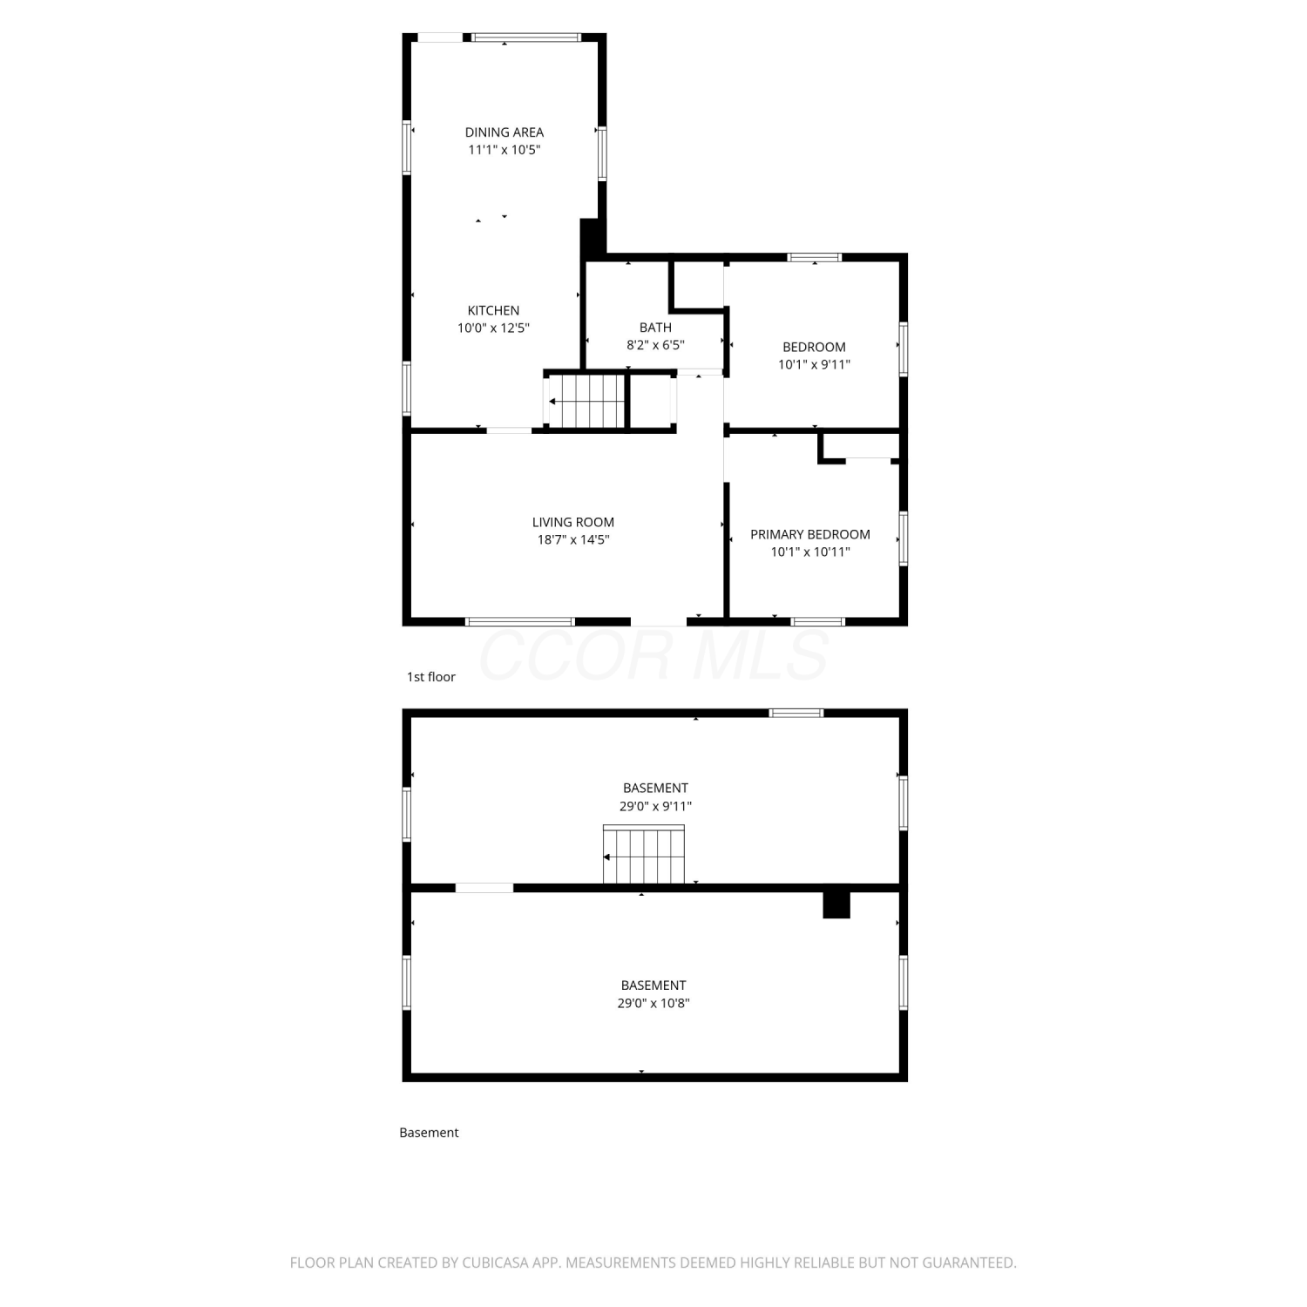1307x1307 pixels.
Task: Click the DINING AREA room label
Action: (x=504, y=132)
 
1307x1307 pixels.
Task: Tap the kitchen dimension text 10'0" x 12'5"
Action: (x=493, y=328)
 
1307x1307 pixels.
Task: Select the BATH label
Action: (x=655, y=328)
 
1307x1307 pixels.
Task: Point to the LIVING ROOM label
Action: (x=573, y=522)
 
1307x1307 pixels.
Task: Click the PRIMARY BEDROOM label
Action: (x=810, y=534)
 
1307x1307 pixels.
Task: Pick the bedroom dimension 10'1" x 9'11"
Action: (x=814, y=365)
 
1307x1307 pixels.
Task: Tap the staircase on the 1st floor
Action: (x=587, y=401)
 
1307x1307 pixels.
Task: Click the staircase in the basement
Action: (x=644, y=855)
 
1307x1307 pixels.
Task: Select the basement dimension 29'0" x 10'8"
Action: (x=653, y=1003)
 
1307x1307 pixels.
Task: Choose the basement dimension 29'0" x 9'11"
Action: (x=655, y=806)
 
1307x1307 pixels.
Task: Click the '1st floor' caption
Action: (x=431, y=677)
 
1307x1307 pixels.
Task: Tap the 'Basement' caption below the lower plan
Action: (x=429, y=1133)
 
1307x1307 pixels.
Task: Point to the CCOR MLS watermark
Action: (x=653, y=655)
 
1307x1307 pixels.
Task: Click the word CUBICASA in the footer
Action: (x=495, y=1263)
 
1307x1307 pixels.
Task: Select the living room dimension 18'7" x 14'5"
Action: (x=573, y=540)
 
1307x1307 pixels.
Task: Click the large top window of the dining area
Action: (x=526, y=37)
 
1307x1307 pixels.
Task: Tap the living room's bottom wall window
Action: (x=519, y=621)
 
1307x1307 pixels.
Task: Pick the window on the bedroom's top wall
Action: (x=815, y=257)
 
